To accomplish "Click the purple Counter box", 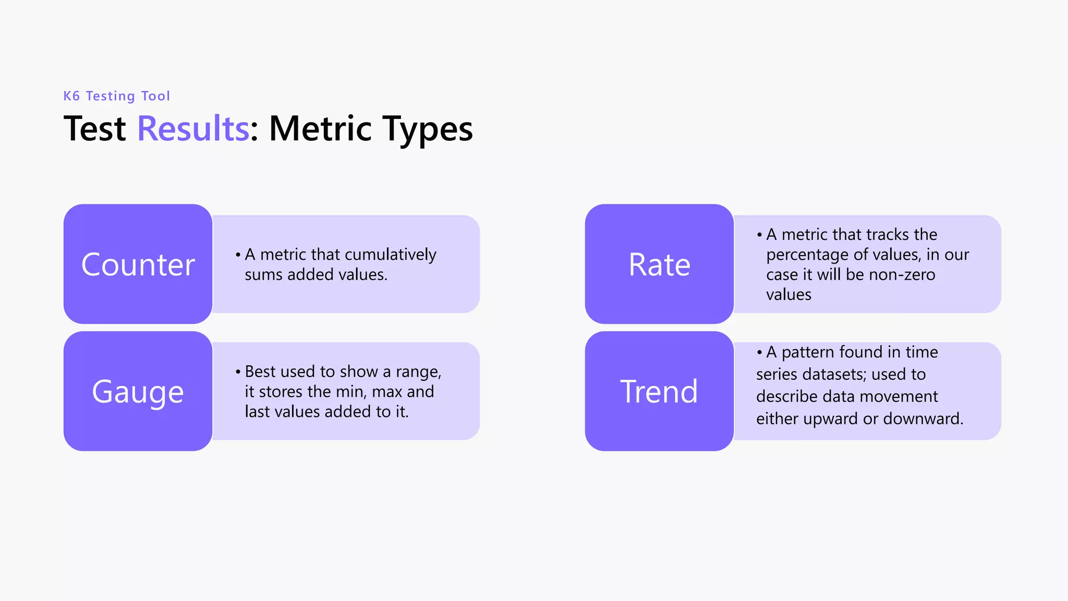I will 138,264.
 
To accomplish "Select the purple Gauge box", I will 138,391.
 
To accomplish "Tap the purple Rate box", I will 659,264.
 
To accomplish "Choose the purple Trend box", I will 659,391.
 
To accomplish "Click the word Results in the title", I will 193,128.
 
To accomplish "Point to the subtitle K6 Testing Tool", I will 117,96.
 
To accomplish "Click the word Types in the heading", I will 428,129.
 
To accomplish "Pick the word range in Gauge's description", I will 418,372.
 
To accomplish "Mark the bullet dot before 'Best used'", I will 238,372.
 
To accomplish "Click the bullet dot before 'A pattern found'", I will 759,353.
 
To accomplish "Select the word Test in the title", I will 94,128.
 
